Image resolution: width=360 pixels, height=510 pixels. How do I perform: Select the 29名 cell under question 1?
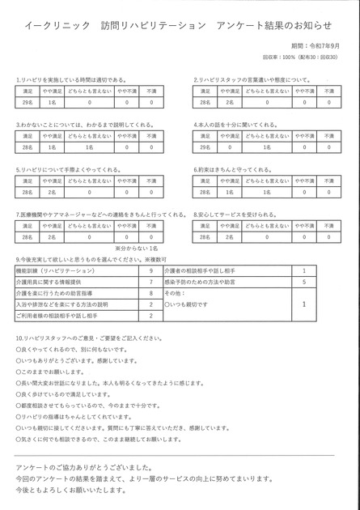click(x=28, y=103)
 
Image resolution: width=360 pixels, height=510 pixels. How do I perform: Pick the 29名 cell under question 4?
click(x=205, y=148)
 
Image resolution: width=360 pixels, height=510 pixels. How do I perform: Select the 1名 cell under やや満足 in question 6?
click(x=231, y=193)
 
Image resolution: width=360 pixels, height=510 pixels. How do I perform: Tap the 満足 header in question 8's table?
click(x=205, y=226)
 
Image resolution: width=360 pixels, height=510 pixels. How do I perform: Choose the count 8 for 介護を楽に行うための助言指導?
click(x=151, y=292)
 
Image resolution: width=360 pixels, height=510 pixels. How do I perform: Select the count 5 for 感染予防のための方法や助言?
click(x=303, y=281)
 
